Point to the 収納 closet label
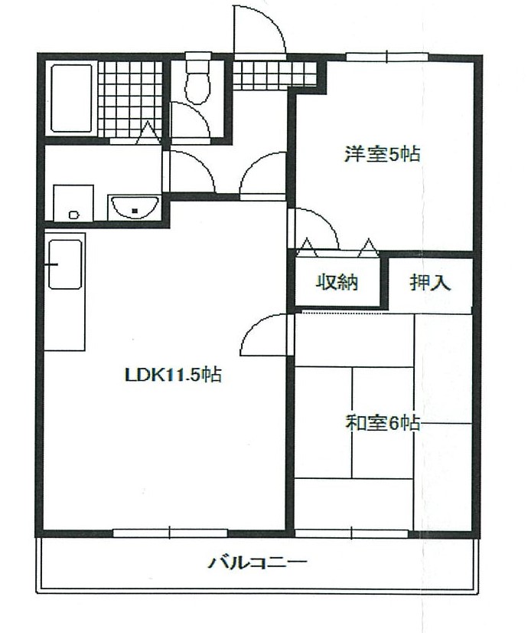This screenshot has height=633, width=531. tap(337, 282)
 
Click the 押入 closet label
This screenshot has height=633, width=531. tap(431, 283)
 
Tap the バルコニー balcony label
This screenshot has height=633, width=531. tap(258, 564)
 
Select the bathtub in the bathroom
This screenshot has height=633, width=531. tap(71, 98)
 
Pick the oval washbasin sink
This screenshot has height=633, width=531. tap(135, 206)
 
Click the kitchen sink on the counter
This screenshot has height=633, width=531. tap(65, 264)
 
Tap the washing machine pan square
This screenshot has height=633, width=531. tap(73, 203)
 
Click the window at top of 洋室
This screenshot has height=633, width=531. tap(386, 56)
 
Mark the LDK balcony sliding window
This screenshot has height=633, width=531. tap(170, 531)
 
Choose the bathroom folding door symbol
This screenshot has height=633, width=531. tap(147, 136)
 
